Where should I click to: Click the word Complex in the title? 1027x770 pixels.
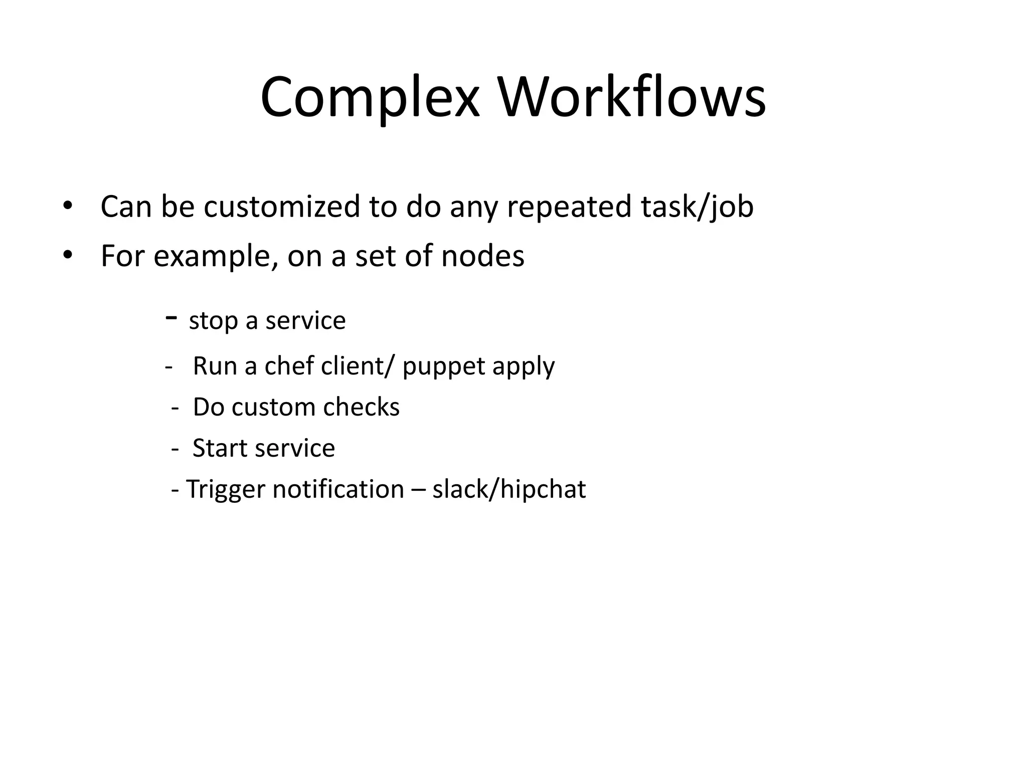click(370, 98)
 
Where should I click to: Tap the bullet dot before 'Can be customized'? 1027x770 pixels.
click(68, 206)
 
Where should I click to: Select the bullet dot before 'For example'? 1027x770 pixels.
click(68, 255)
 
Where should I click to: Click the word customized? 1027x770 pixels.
click(282, 207)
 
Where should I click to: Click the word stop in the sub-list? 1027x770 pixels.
click(213, 321)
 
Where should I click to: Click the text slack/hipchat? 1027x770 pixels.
click(508, 490)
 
